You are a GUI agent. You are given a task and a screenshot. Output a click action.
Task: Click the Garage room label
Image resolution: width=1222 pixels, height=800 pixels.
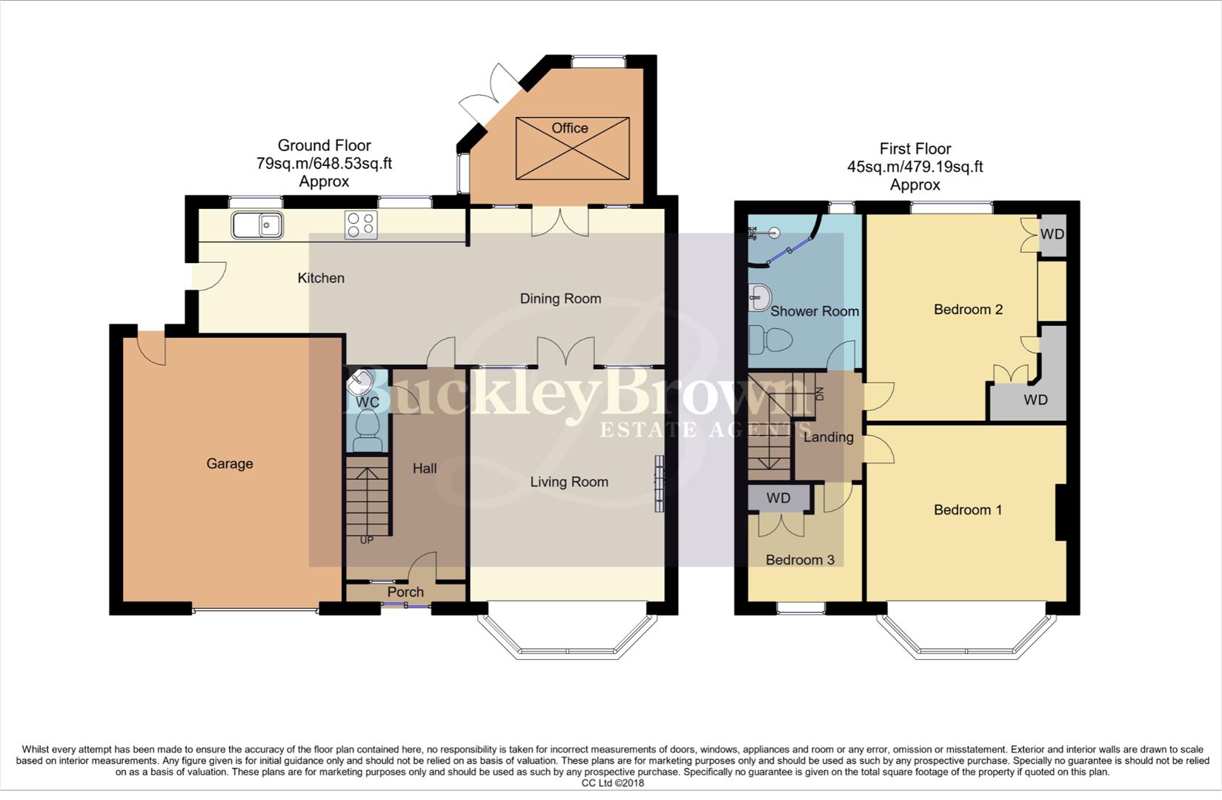pyautogui.click(x=230, y=464)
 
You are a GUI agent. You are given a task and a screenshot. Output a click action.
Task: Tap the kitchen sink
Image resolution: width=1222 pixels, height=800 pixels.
pyautogui.click(x=256, y=224)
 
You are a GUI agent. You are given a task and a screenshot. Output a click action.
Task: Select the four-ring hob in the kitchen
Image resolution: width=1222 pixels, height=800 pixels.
pyautogui.click(x=361, y=224)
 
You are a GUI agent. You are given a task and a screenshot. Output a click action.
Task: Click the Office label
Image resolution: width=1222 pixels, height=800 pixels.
pyautogui.click(x=570, y=128)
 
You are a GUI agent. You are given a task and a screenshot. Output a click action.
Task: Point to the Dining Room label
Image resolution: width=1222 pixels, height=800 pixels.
pyautogui.click(x=560, y=299)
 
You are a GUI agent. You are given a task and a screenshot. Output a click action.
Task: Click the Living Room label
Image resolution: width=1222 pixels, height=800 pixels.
pyautogui.click(x=569, y=482)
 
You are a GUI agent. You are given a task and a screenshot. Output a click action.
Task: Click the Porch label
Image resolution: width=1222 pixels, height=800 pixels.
pyautogui.click(x=405, y=592)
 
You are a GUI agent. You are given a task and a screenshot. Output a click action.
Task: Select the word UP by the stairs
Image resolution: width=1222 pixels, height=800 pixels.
pyautogui.click(x=367, y=540)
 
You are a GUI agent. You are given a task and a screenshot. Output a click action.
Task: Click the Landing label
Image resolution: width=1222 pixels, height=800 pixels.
pyautogui.click(x=828, y=437)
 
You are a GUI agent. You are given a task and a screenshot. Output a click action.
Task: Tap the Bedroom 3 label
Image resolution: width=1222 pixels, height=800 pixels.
pyautogui.click(x=800, y=560)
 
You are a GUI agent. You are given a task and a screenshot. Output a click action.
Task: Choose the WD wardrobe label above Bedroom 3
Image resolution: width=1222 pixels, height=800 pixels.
pyautogui.click(x=778, y=499)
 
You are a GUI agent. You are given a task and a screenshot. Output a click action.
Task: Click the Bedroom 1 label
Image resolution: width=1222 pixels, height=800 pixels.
pyautogui.click(x=968, y=510)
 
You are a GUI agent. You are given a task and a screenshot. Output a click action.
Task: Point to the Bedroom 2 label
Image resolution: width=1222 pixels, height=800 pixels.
pyautogui.click(x=968, y=310)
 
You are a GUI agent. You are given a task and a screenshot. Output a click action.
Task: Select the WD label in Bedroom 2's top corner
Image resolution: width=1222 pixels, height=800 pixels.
pyautogui.click(x=1052, y=234)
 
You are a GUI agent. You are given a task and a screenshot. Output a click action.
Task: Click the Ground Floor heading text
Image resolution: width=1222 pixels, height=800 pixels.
pyautogui.click(x=324, y=145)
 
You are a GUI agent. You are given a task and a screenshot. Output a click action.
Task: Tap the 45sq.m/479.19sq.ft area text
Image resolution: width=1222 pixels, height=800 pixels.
pyautogui.click(x=915, y=167)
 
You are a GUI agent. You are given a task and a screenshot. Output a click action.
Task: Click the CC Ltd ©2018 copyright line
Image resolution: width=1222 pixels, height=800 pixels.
pyautogui.click(x=612, y=783)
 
